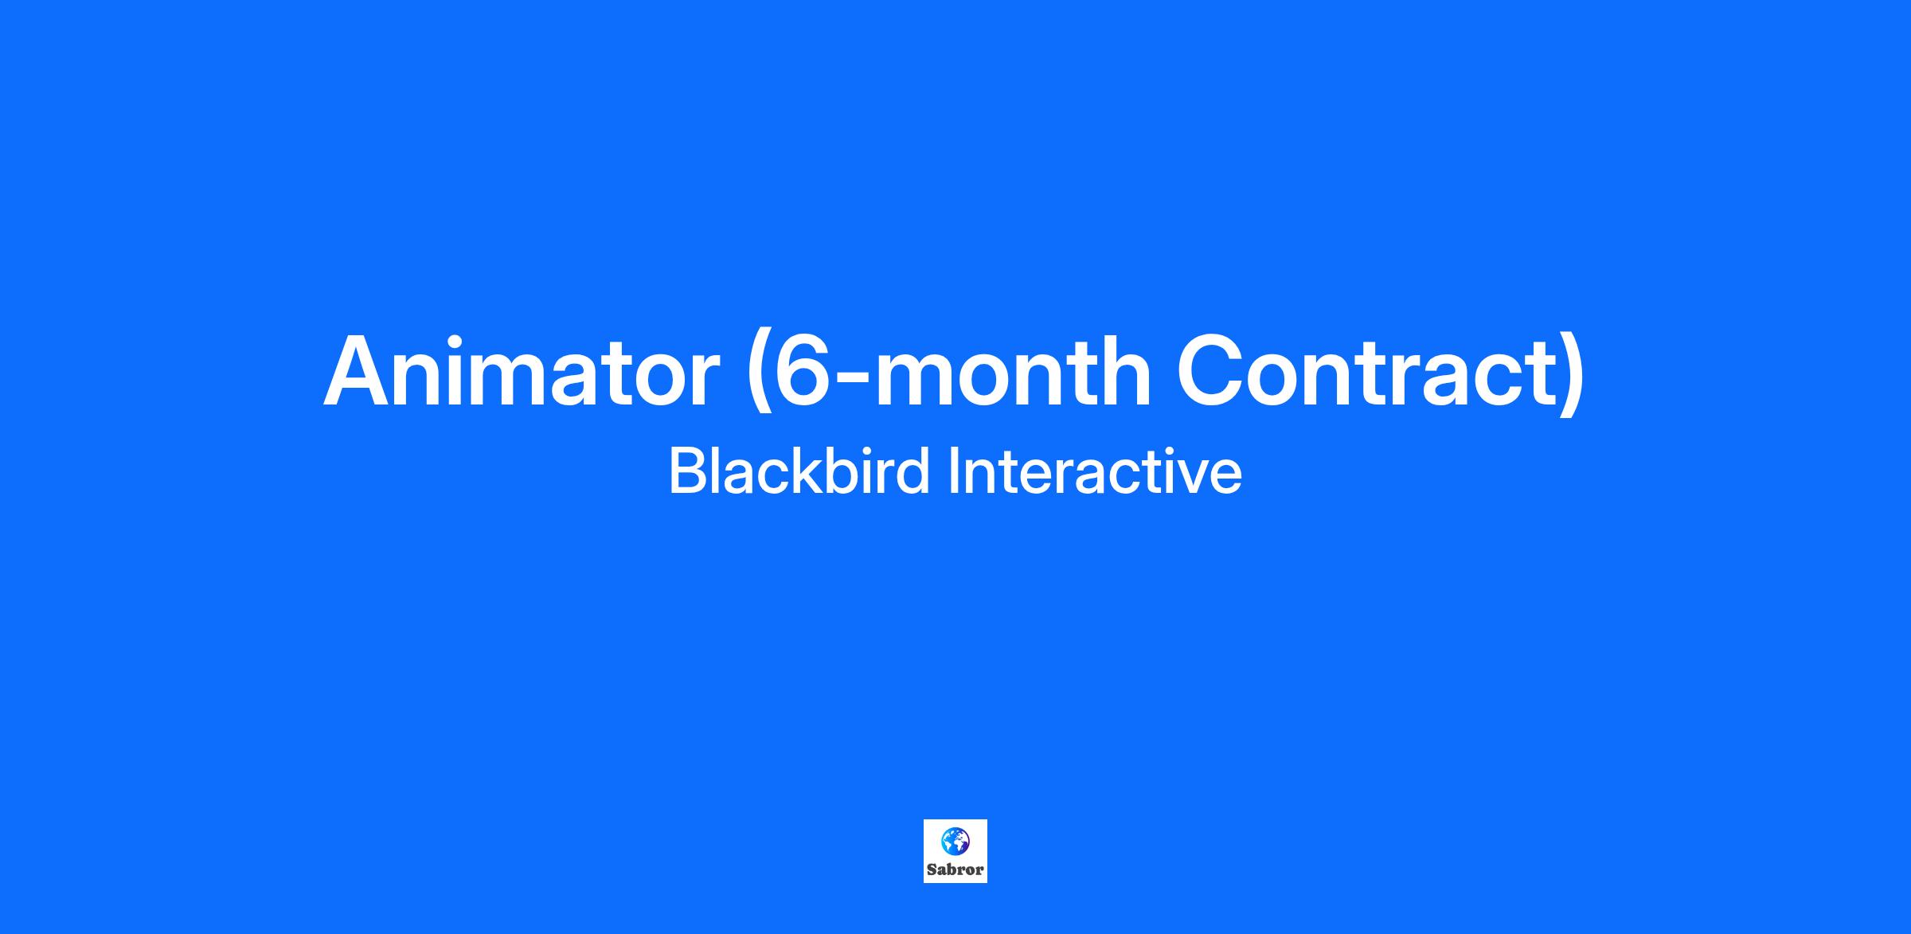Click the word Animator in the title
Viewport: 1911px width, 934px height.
point(522,372)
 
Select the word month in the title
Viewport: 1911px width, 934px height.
point(1014,370)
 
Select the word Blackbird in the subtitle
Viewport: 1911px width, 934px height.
point(799,471)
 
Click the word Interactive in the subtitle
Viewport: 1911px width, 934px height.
point(1095,471)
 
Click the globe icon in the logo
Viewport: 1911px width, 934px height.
point(955,841)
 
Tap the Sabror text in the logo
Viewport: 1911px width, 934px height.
point(955,870)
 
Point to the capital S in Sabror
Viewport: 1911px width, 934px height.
point(932,870)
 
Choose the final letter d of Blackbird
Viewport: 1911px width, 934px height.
point(913,471)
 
